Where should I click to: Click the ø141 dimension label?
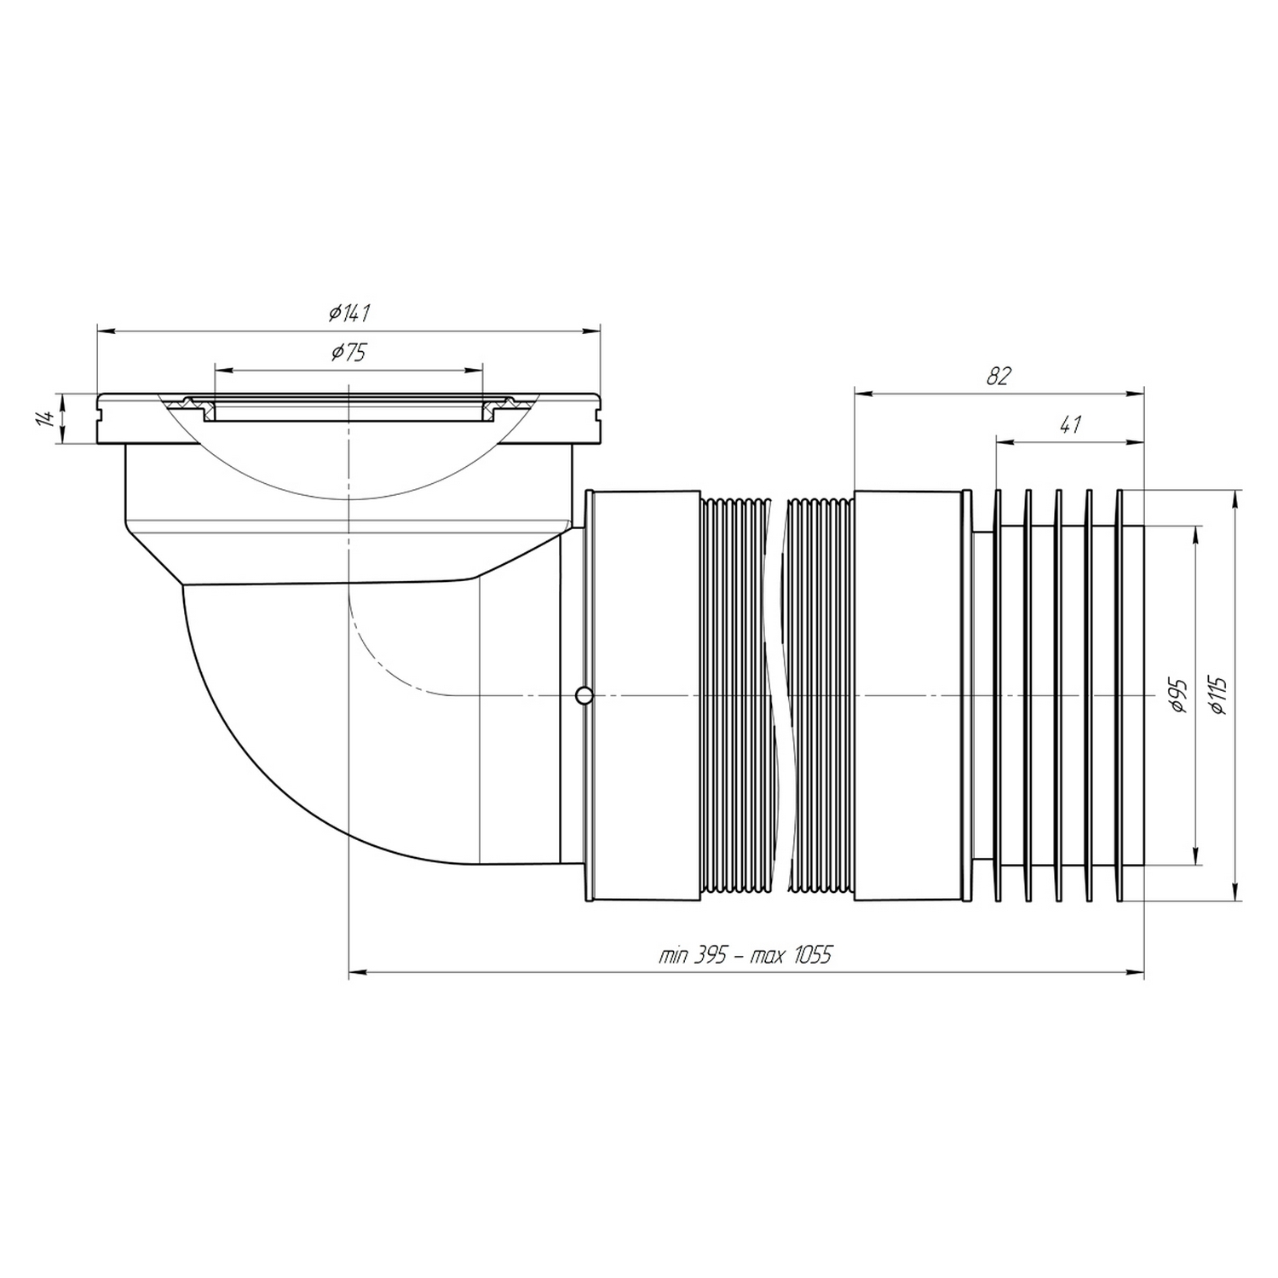click(x=349, y=314)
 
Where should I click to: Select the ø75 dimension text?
click(x=349, y=354)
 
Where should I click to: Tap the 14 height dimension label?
click(x=48, y=418)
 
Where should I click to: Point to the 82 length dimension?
click(x=998, y=377)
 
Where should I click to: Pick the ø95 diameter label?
click(x=1180, y=696)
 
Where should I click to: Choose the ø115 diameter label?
click(x=1218, y=696)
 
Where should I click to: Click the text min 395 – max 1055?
click(x=745, y=955)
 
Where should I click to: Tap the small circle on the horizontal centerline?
click(x=584, y=696)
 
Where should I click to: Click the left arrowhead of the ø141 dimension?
click(x=104, y=330)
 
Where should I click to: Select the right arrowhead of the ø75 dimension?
click(x=477, y=370)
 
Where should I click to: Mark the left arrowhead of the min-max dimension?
click(x=355, y=970)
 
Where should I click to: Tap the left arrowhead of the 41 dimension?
click(x=1004, y=441)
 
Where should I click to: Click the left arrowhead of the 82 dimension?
click(x=860, y=393)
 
